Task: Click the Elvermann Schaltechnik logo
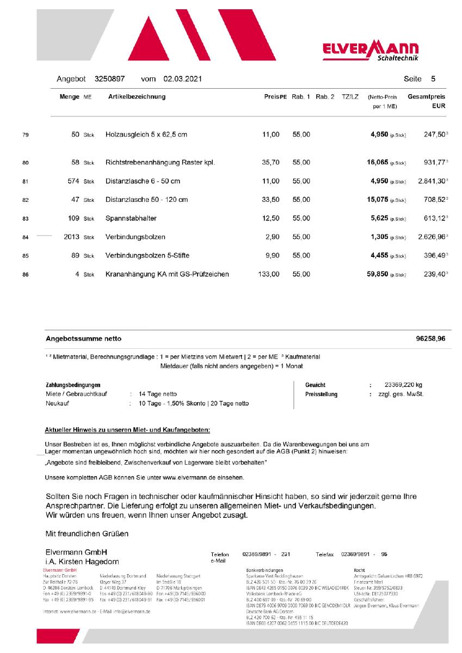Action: coord(370,52)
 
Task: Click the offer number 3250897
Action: coord(110,79)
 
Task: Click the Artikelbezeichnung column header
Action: coord(137,97)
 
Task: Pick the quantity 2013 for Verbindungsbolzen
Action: coord(71,237)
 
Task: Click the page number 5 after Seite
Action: coord(433,79)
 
